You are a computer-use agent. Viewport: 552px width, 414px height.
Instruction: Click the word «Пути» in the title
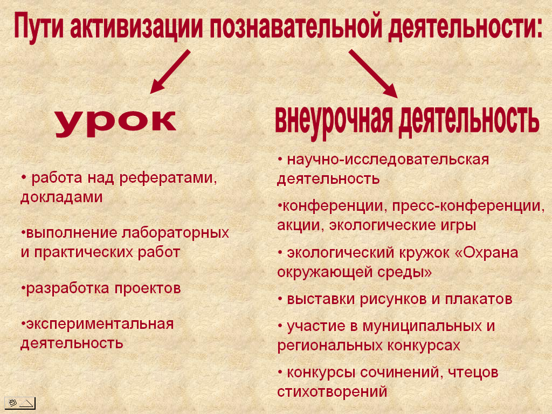pos(39,25)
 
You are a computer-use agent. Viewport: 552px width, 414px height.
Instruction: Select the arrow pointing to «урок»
pos(170,72)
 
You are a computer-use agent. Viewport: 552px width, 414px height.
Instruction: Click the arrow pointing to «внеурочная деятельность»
pos(373,73)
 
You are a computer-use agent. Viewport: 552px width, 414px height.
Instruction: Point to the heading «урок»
pos(116,123)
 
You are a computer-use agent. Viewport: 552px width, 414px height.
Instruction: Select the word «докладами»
pos(61,197)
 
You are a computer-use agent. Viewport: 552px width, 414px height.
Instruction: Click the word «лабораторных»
pos(175,233)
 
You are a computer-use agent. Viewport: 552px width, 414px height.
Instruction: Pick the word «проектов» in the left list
pos(148,289)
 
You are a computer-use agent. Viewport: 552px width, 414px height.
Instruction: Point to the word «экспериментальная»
pos(100,324)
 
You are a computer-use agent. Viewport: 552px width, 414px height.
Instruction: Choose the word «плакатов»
pos(479,299)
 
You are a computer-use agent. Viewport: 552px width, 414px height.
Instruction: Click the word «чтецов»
pos(473,372)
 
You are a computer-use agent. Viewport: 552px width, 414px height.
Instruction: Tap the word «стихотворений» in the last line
pos(332,392)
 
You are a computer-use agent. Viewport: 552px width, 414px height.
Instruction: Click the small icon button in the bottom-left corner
pos(20,403)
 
